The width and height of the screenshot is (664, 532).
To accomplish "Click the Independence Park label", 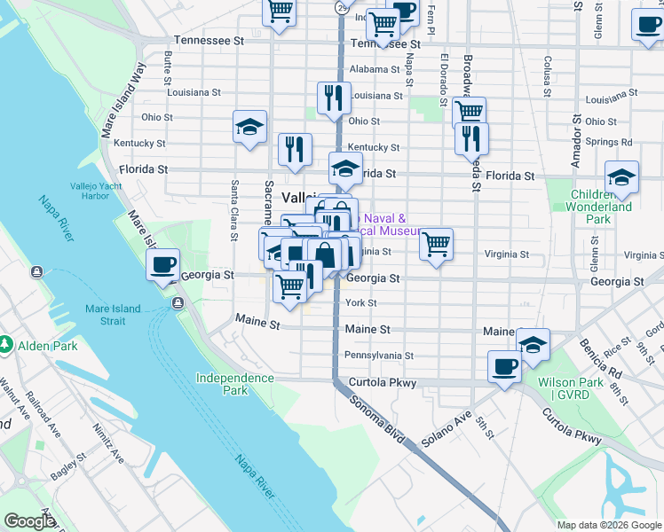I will pos(234,384).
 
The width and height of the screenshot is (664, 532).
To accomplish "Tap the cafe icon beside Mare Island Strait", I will pos(163,265).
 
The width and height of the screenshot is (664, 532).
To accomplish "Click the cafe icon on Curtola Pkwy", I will pos(504,366).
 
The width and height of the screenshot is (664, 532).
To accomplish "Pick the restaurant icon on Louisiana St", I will pos(333,98).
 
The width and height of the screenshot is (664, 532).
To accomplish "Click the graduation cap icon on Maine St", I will pos(533,344).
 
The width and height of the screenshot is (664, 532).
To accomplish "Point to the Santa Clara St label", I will pos(234,210).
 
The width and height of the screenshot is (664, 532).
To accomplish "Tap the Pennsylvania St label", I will pos(379,356).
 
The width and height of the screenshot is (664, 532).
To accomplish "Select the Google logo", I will pos(29,521).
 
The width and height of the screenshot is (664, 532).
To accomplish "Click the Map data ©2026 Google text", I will pos(607,525).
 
